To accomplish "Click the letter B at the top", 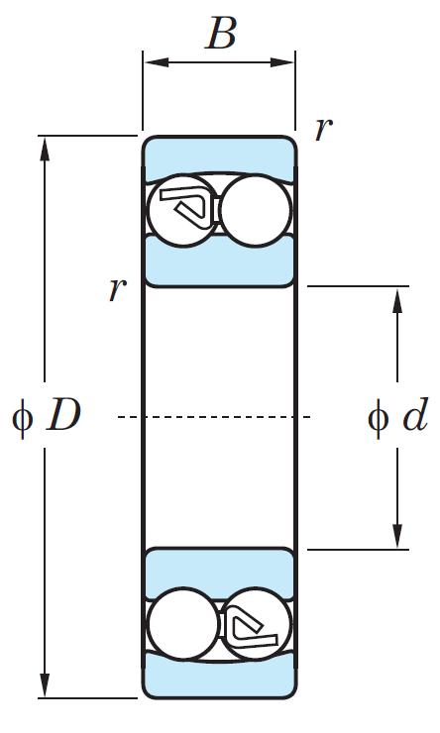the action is [221, 33].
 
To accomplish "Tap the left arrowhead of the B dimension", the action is [156, 62].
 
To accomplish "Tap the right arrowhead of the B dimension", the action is [282, 62].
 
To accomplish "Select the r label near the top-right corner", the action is [324, 129].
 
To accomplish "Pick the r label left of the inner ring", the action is [117, 289].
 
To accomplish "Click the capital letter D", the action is [63, 415].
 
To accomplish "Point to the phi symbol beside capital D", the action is [22, 417].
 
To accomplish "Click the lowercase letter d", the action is [415, 414].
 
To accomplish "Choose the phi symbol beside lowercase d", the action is [378, 417].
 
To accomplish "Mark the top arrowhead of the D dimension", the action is [45, 149].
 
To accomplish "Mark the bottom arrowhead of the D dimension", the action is [45, 685].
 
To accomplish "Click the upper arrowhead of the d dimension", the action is [397, 300].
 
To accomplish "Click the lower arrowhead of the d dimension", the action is [397, 536].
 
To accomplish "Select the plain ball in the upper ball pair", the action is [256, 210].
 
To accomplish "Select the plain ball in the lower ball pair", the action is [182, 624].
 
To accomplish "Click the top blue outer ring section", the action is [219, 156].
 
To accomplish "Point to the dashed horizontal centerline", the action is [214, 416].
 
